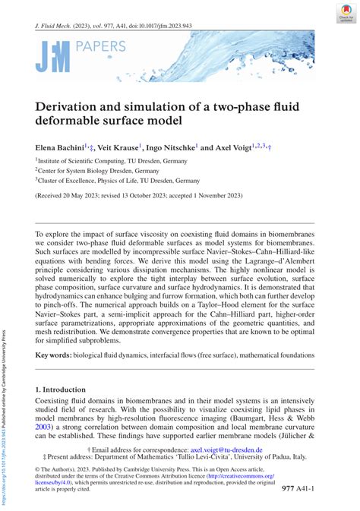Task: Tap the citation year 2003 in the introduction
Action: point(46,427)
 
